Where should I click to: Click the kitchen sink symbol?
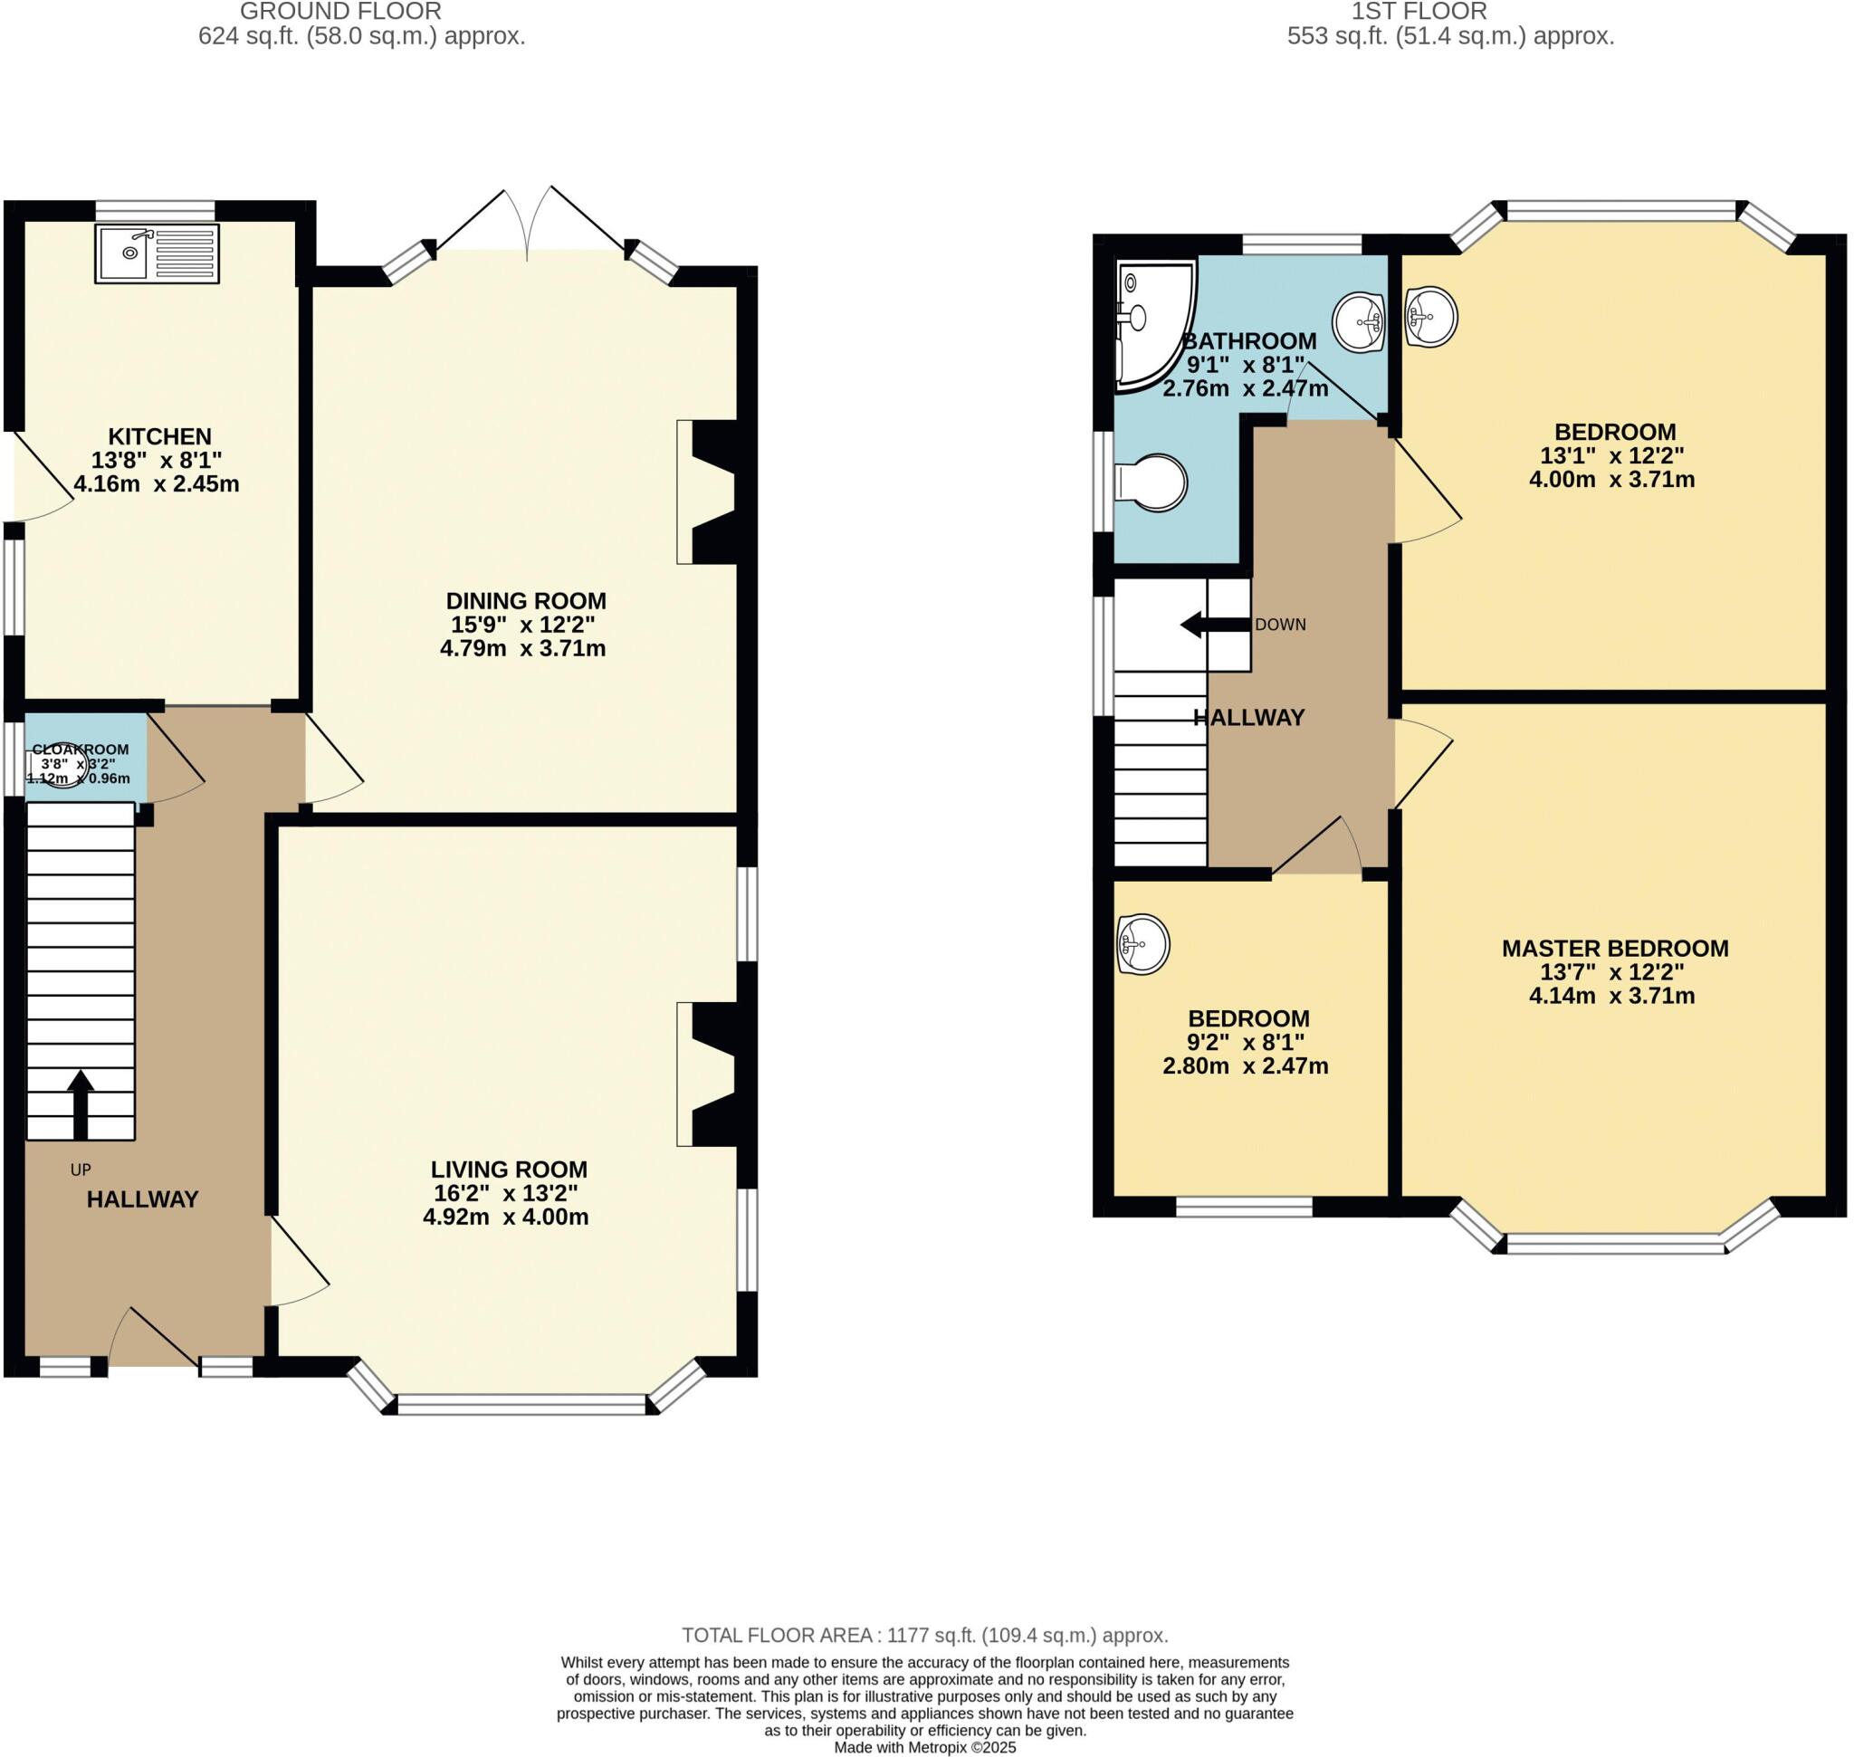tap(157, 253)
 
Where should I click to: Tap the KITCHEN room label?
tap(160, 436)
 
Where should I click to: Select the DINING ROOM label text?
tap(526, 601)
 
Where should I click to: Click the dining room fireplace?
tap(712, 492)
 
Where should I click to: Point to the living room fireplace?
tap(712, 1074)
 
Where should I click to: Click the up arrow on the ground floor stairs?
tap(81, 1103)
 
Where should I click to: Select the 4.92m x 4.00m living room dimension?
tap(505, 1217)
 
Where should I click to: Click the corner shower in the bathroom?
tap(1152, 323)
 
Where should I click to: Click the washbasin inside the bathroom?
tap(1360, 322)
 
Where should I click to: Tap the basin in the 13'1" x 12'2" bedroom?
tap(1431, 316)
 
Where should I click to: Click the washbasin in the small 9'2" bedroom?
tap(1143, 943)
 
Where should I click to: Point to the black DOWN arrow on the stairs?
tap(1214, 624)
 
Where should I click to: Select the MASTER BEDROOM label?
tap(1614, 949)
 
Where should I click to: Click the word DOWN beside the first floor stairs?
tap(1280, 625)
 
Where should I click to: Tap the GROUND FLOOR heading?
tap(340, 11)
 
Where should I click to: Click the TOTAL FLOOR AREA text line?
tap(923, 1635)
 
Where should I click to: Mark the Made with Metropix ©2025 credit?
tap(923, 1748)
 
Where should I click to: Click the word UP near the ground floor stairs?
tap(81, 1169)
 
